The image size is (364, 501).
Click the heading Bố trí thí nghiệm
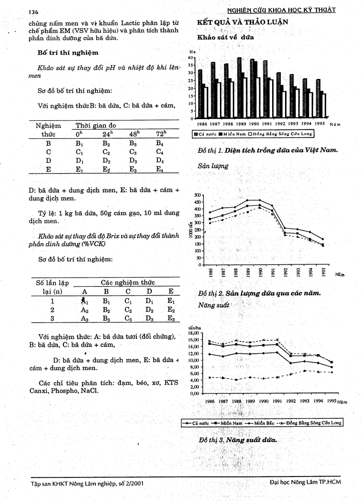coord(68,53)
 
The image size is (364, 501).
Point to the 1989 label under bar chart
coord(241,124)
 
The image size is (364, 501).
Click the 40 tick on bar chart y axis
coord(190,58)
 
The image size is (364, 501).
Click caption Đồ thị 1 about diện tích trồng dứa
coord(268,150)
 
